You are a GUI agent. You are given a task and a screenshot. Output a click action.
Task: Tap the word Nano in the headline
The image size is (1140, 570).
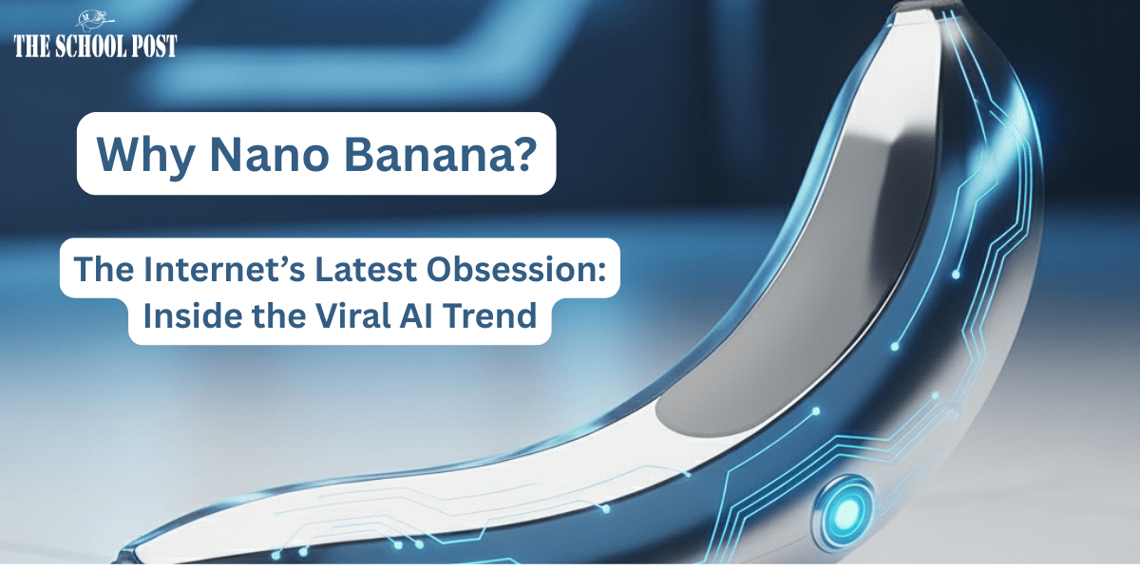[x=269, y=154]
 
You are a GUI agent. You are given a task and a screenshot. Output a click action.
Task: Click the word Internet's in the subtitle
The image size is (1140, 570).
[x=224, y=269]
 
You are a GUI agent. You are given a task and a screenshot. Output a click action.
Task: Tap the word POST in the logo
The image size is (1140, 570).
[x=154, y=47]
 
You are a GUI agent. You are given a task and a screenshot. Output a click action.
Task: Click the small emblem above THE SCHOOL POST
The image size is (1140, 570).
[x=95, y=20]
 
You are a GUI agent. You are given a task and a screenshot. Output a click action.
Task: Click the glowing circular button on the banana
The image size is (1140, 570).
[x=846, y=509]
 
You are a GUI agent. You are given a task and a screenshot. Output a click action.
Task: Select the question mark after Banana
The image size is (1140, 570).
[x=523, y=153]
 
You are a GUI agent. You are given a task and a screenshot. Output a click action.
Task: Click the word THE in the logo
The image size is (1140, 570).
[x=31, y=47]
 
